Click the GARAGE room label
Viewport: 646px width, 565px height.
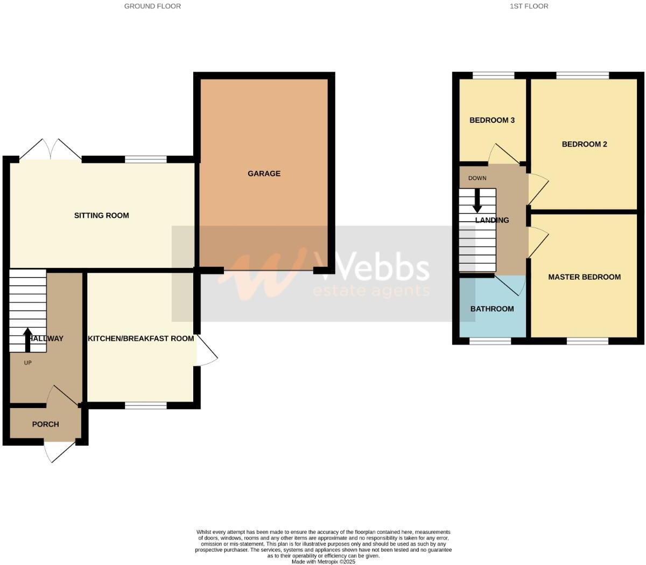point(264,174)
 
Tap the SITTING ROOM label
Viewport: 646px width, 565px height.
point(101,216)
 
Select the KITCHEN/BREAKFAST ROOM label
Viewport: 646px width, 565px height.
point(141,339)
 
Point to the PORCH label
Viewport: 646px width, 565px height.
point(45,424)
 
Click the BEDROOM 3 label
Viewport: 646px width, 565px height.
point(492,120)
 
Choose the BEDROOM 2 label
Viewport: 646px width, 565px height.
point(584,144)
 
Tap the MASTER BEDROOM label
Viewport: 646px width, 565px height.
point(584,277)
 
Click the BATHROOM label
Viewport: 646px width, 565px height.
point(492,309)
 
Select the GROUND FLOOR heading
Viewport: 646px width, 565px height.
point(152,6)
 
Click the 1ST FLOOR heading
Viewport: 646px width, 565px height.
point(530,6)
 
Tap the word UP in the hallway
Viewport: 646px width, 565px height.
point(28,363)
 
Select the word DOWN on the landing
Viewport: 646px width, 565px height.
point(477,178)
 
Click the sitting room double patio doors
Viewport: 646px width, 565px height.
point(51,150)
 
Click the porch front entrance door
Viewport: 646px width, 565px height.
point(60,451)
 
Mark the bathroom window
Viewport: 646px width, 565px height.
point(490,341)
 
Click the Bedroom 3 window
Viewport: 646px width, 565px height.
point(493,75)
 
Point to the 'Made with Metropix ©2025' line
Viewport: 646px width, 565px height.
point(324,561)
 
